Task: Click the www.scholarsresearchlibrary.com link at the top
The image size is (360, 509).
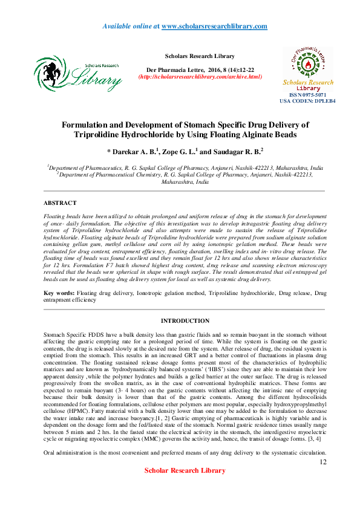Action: pyautogui.click(x=214, y=26)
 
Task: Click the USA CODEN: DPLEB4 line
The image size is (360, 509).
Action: pyautogui.click(x=307, y=101)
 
